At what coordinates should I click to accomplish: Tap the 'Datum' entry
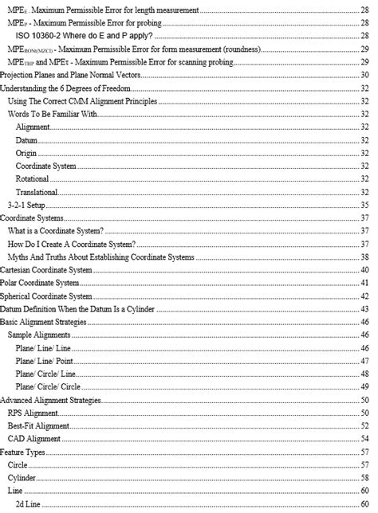[26, 140]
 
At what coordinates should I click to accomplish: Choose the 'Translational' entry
[37, 191]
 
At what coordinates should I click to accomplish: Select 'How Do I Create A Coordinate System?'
[70, 243]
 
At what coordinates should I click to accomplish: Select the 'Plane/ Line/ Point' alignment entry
[45, 360]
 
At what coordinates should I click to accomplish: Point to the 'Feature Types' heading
[25, 451]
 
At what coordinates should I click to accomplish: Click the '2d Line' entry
[30, 503]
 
